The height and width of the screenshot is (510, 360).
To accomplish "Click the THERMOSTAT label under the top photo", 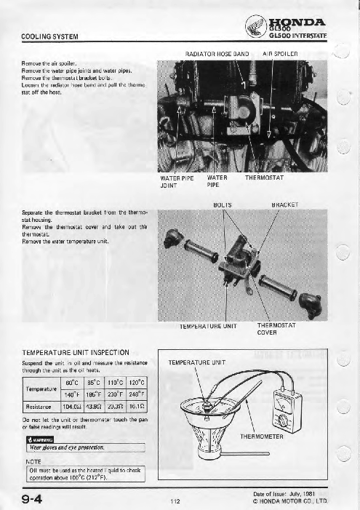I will [x=266, y=177].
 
